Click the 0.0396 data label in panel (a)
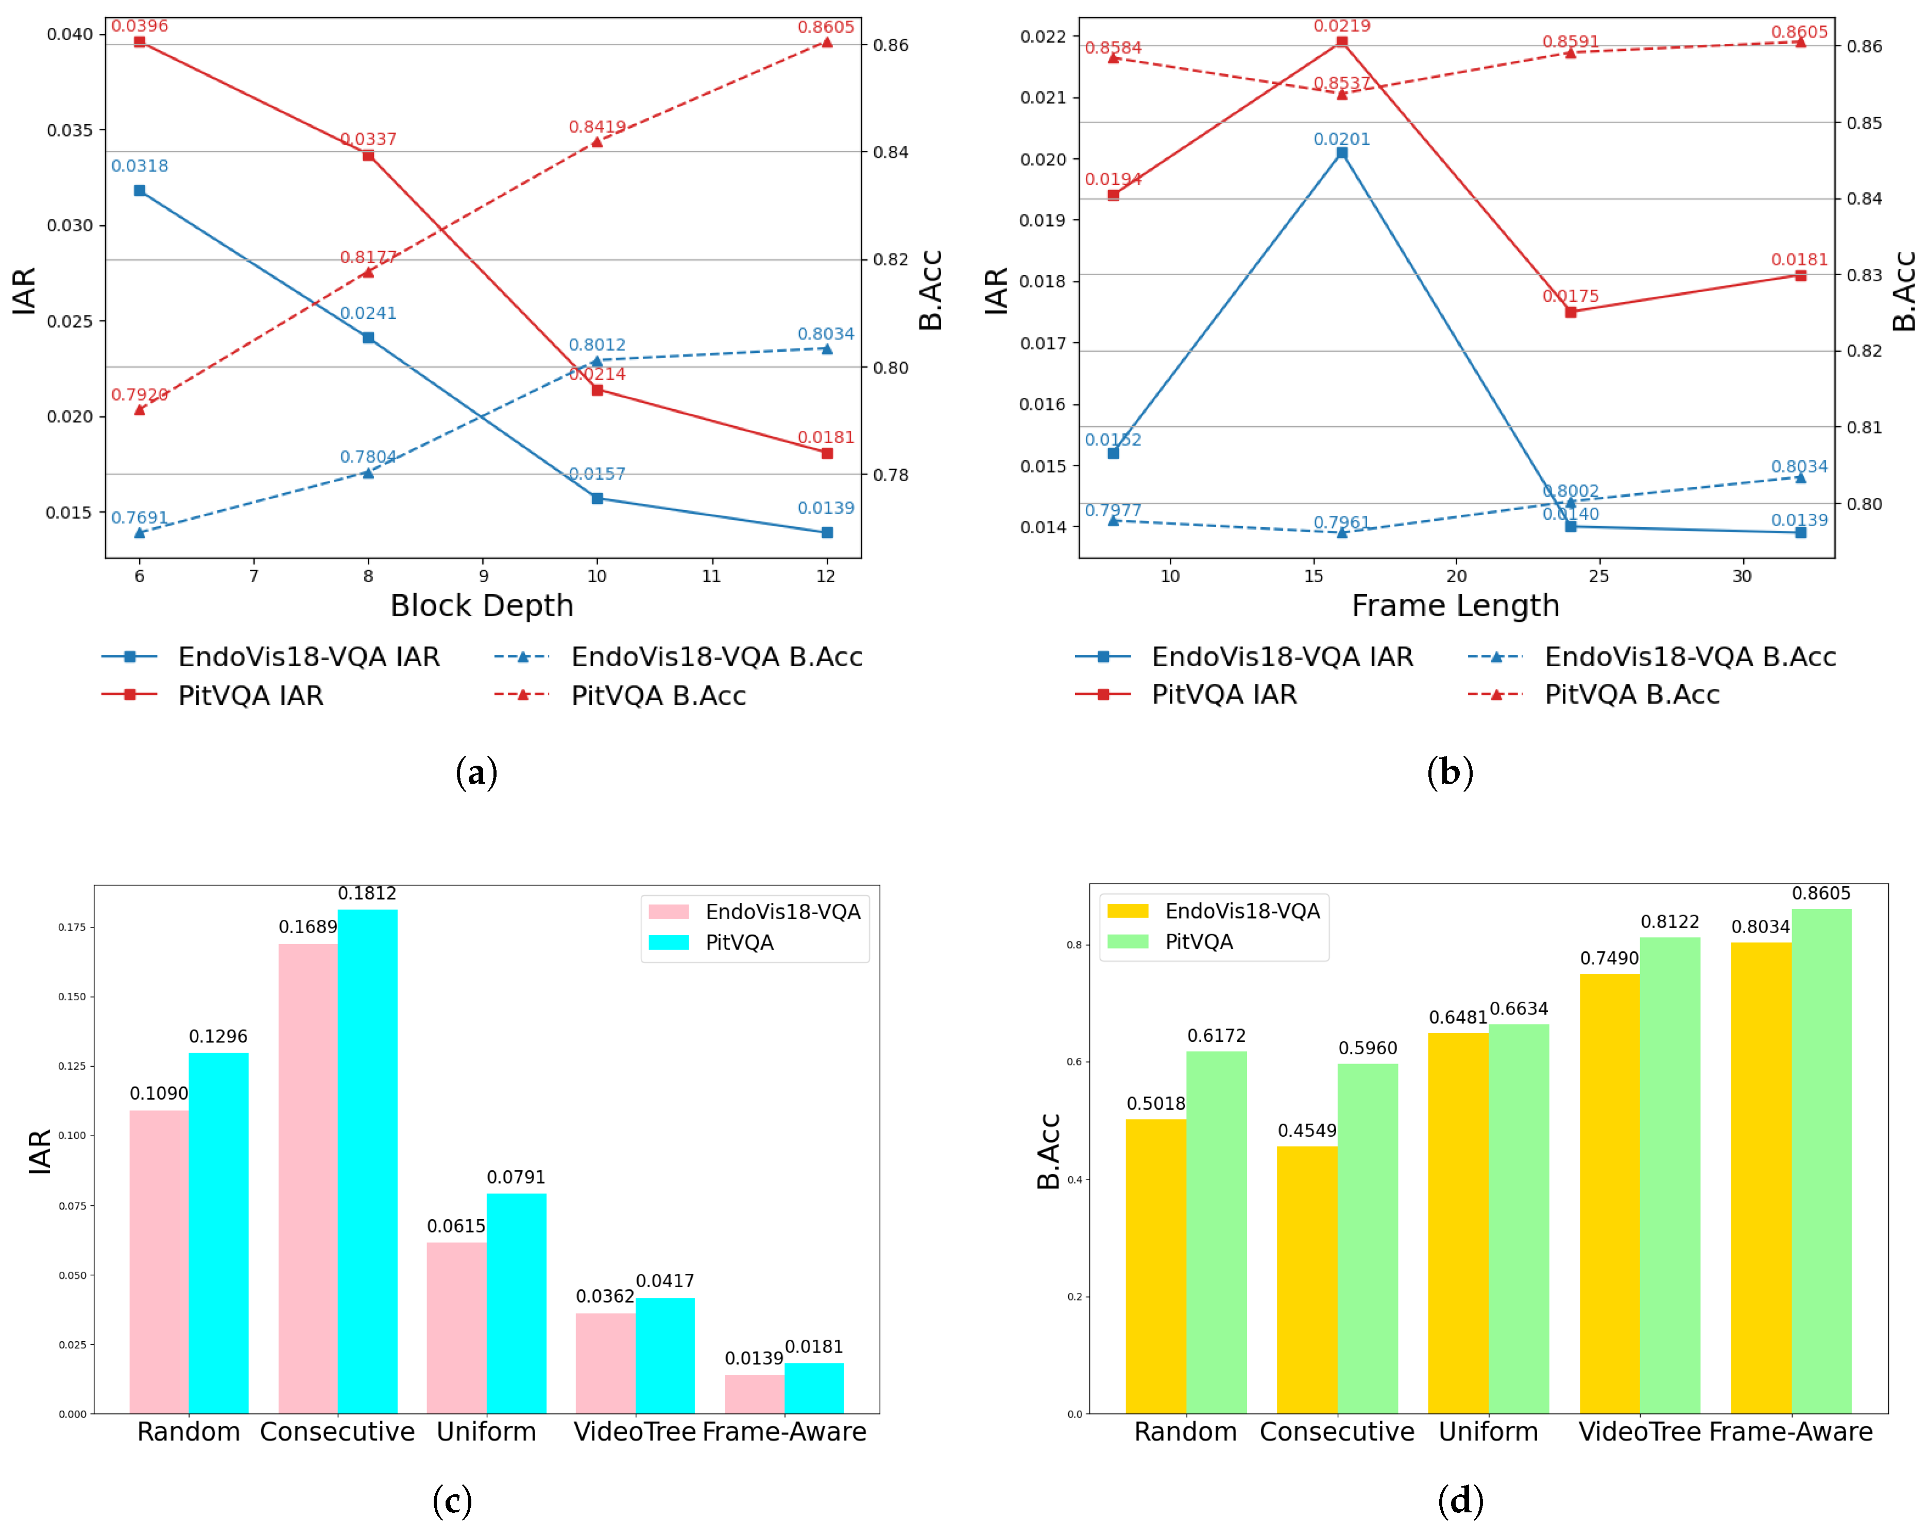coord(140,26)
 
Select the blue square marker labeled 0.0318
coord(140,191)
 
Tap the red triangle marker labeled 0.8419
coord(597,141)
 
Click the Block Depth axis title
coord(482,606)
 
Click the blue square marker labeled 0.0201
coord(1341,153)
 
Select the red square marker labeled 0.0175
coord(1571,312)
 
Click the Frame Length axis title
coord(1455,606)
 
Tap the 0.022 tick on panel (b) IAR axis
coord(1043,37)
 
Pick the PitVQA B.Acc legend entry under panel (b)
coord(1631,695)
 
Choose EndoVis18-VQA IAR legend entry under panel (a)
coord(309,657)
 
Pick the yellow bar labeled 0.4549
coord(1307,1278)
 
